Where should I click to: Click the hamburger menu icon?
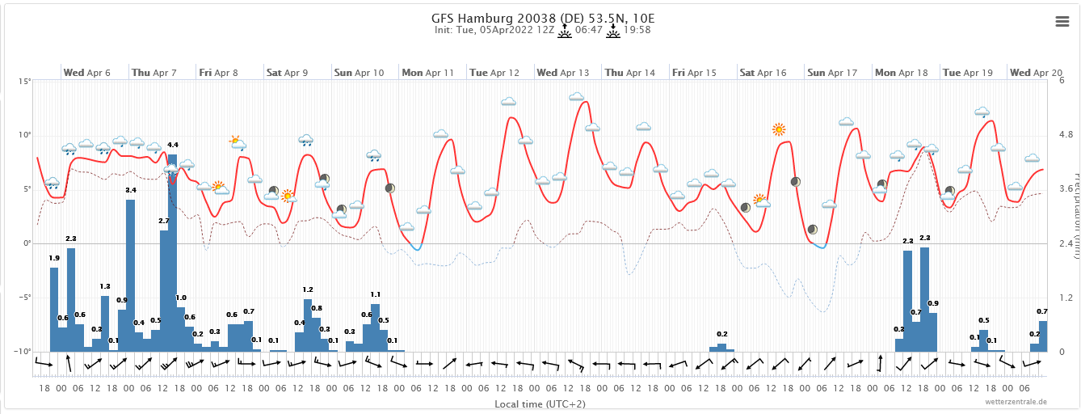pos(1062,22)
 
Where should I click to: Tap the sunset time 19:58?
pos(637,31)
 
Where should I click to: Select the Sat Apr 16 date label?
pos(763,73)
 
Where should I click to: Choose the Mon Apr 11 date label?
pos(427,73)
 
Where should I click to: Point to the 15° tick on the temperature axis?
pos(26,82)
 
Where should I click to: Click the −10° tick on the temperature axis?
pos(23,352)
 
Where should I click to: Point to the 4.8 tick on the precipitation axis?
pos(1066,135)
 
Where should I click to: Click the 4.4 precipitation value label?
pos(172,145)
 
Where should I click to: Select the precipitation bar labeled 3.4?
pos(130,275)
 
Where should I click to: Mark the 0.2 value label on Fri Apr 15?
pos(722,334)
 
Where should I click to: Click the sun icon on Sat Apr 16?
pos(778,129)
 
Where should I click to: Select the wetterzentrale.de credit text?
pos(1016,401)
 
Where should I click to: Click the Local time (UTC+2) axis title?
pos(539,403)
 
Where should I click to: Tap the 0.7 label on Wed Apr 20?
pos(1042,312)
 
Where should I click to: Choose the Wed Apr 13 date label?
pos(562,73)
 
